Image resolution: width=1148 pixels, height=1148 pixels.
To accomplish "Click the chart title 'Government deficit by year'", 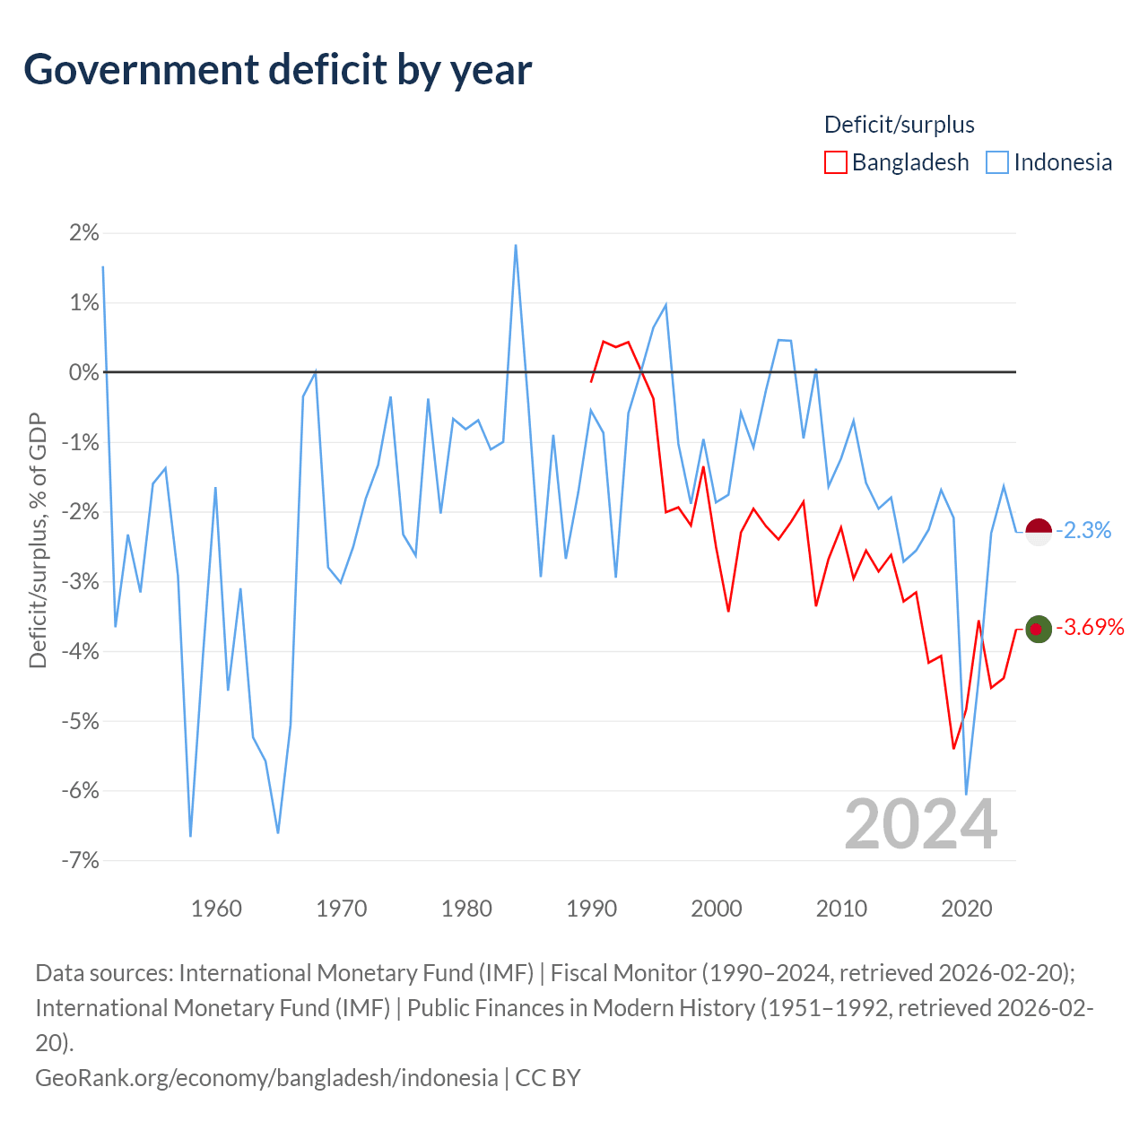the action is (277, 70).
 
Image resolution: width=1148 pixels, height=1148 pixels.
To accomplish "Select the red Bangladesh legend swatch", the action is (835, 162).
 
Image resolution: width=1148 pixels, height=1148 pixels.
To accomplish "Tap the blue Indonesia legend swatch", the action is (996, 162).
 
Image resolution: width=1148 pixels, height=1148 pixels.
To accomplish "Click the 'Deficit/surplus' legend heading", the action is (899, 125).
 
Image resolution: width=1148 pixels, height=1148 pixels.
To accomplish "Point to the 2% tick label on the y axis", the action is (84, 232).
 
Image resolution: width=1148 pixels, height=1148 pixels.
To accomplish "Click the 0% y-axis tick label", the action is (84, 372).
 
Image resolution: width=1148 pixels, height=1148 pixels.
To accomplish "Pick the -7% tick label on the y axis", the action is (81, 860).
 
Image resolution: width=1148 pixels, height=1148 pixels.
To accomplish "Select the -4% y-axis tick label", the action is (81, 651).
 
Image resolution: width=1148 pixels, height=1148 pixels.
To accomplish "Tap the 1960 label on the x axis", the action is (216, 909).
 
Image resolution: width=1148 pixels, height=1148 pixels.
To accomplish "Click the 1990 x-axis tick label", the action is (591, 909).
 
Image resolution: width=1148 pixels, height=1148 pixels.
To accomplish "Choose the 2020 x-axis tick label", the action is (966, 909).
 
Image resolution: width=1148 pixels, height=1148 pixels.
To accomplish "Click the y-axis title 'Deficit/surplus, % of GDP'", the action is (39, 540).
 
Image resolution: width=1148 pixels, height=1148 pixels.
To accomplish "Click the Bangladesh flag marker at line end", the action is (1039, 629).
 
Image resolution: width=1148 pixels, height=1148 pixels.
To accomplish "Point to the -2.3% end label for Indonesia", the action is (1083, 530).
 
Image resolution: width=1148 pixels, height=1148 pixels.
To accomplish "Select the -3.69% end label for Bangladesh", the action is (1091, 627).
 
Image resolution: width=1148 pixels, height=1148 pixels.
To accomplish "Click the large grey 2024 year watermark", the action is (920, 824).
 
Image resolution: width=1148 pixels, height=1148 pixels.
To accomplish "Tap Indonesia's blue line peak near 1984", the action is (516, 245).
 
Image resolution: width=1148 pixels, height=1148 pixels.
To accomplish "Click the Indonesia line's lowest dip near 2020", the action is (966, 794).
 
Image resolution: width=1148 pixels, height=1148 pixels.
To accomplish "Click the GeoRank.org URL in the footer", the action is (266, 1078).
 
